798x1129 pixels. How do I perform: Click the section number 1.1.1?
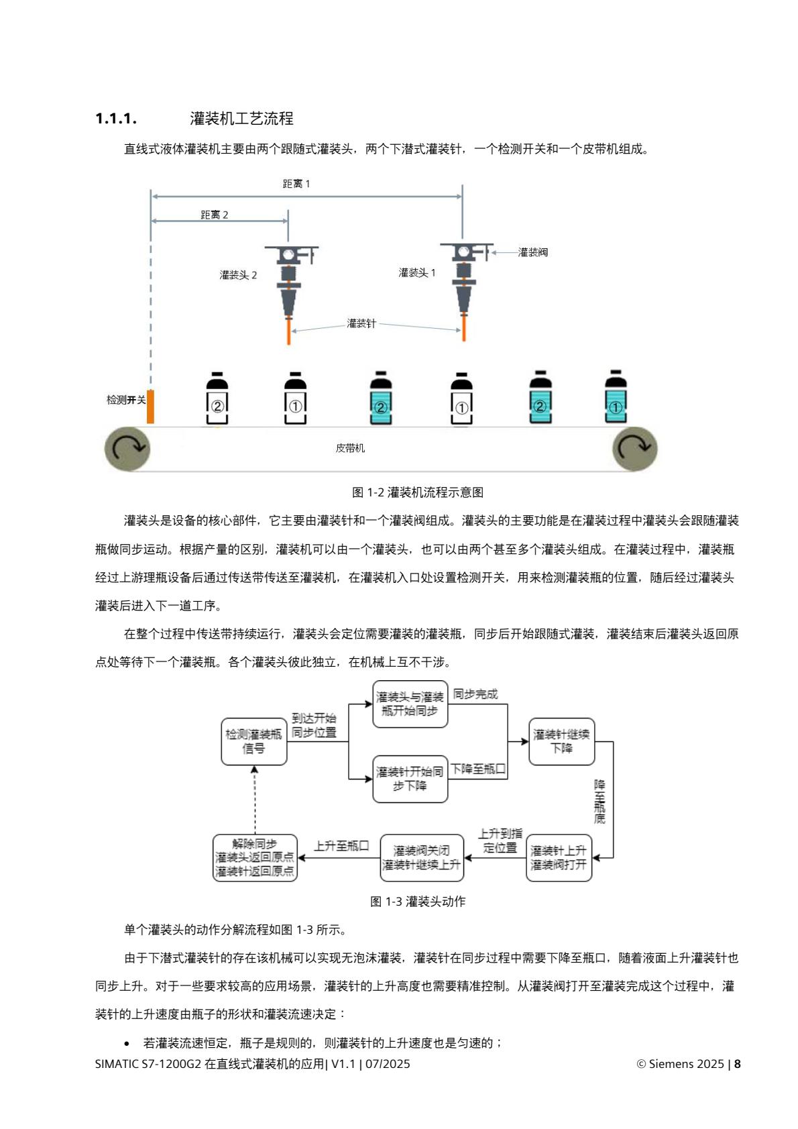click(x=116, y=119)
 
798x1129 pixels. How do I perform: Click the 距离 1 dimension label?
click(x=296, y=184)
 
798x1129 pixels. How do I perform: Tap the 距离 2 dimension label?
click(x=215, y=215)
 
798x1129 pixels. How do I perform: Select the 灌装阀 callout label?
click(x=532, y=252)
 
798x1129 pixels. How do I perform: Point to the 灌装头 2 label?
click(x=238, y=275)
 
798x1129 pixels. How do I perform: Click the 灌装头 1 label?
click(x=417, y=272)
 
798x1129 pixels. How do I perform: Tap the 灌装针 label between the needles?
click(x=361, y=323)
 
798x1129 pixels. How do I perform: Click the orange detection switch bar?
click(x=151, y=406)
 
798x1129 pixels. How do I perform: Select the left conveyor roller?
click(x=127, y=448)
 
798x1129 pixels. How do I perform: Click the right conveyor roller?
click(x=634, y=448)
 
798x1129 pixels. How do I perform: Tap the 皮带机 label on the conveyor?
click(x=350, y=448)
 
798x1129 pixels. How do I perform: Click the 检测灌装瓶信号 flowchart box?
click(x=254, y=741)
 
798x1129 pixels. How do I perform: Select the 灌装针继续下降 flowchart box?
click(x=561, y=741)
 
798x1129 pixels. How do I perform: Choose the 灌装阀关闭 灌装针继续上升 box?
click(x=422, y=858)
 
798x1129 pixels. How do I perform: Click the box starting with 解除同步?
click(x=255, y=858)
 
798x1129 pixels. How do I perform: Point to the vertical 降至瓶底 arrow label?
click(x=600, y=801)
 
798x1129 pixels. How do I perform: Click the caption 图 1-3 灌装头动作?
click(x=417, y=902)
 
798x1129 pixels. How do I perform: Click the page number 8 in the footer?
click(x=738, y=1064)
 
